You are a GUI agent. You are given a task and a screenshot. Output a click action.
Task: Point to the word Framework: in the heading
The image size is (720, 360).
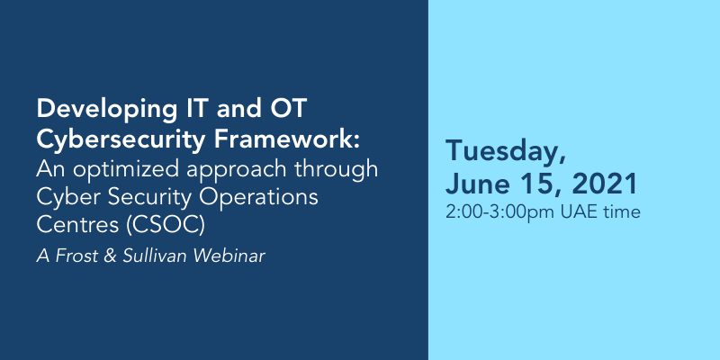click(286, 139)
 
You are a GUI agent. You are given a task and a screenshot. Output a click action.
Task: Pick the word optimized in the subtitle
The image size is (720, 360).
click(127, 170)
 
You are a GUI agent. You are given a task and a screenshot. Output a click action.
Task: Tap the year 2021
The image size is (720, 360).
click(605, 184)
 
